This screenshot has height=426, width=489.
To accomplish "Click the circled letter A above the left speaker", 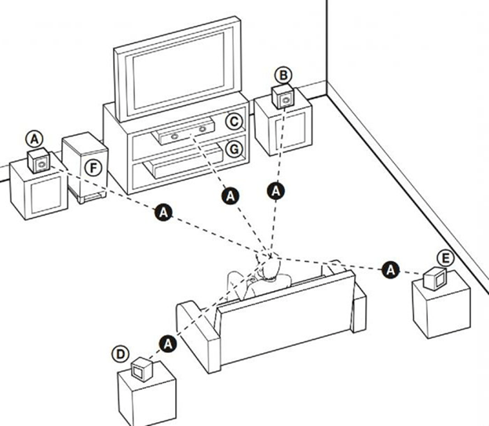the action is pos(35,139).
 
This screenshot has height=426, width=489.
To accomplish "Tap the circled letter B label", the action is pos(283,76).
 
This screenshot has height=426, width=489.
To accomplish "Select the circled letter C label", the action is pos(234,122).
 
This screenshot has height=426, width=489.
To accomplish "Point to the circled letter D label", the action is pos(120,355).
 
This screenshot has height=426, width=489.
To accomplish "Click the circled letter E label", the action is pos(445,258).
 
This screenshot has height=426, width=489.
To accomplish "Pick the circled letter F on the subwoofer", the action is pos(93,168).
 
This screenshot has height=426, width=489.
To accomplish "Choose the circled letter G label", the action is pos(234,149).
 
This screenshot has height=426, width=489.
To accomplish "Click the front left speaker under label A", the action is pos(38,160).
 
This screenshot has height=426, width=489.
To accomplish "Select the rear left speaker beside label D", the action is pos(141,369).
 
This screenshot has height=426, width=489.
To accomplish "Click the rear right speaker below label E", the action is pos(435,279).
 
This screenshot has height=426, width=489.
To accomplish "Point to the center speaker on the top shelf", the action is pos(184,130).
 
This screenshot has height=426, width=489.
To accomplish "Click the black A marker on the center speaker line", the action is pos(230,196).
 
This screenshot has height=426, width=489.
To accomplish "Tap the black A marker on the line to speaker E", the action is pos(390,270).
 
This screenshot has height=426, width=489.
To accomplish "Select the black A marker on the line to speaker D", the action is pos(168,344).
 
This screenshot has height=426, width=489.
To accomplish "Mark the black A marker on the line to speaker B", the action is pos(276,191).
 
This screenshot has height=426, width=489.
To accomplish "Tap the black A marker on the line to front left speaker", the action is pos(163,213).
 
